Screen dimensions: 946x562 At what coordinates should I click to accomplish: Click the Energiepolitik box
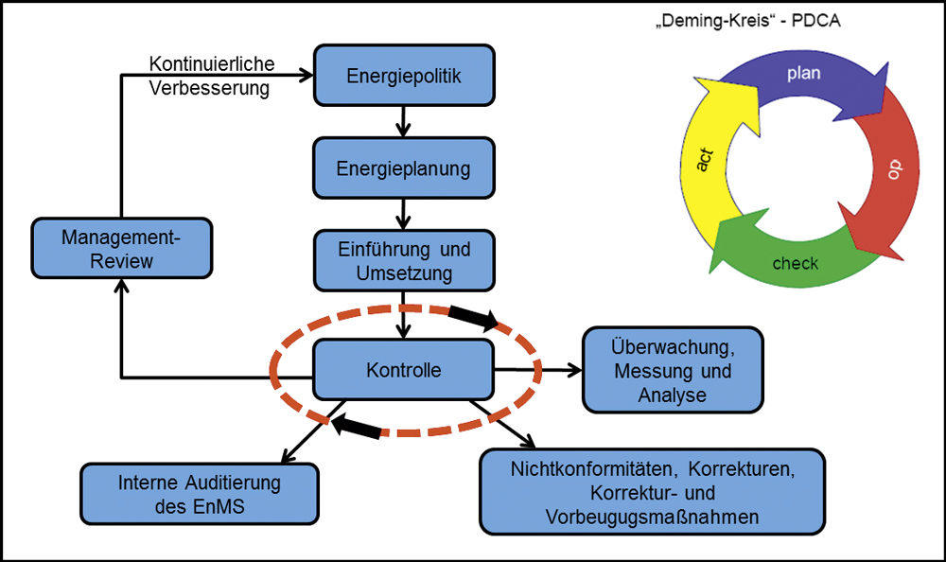click(404, 76)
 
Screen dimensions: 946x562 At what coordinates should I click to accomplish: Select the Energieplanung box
click(404, 167)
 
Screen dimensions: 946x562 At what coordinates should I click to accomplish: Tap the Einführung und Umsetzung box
click(404, 261)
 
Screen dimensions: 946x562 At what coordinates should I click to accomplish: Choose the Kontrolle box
click(404, 369)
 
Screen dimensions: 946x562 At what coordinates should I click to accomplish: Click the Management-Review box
click(122, 248)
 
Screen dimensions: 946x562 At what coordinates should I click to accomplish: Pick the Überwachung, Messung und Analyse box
click(673, 370)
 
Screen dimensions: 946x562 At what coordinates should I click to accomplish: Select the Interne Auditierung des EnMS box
click(200, 494)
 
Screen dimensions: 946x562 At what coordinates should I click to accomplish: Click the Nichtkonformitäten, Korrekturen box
click(652, 492)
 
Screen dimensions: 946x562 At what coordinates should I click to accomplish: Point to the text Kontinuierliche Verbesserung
click(211, 76)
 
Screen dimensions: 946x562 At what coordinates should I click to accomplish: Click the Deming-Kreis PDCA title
click(748, 21)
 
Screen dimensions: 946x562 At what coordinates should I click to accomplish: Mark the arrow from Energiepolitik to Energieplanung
click(403, 122)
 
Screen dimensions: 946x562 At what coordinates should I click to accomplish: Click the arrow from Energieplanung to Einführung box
click(403, 214)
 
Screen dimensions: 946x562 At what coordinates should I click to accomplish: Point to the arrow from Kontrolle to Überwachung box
click(538, 369)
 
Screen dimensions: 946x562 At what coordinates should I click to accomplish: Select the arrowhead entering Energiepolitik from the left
click(307, 76)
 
